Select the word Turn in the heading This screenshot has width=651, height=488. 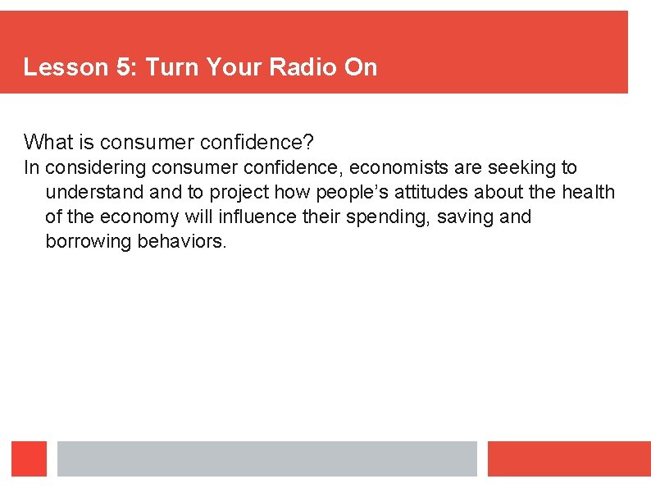tap(169, 67)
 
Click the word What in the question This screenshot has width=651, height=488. tap(48, 143)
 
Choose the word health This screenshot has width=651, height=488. tap(587, 193)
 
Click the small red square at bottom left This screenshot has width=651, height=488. tap(29, 459)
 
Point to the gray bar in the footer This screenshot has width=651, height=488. tap(266, 459)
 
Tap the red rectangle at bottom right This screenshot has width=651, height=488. tap(568, 459)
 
